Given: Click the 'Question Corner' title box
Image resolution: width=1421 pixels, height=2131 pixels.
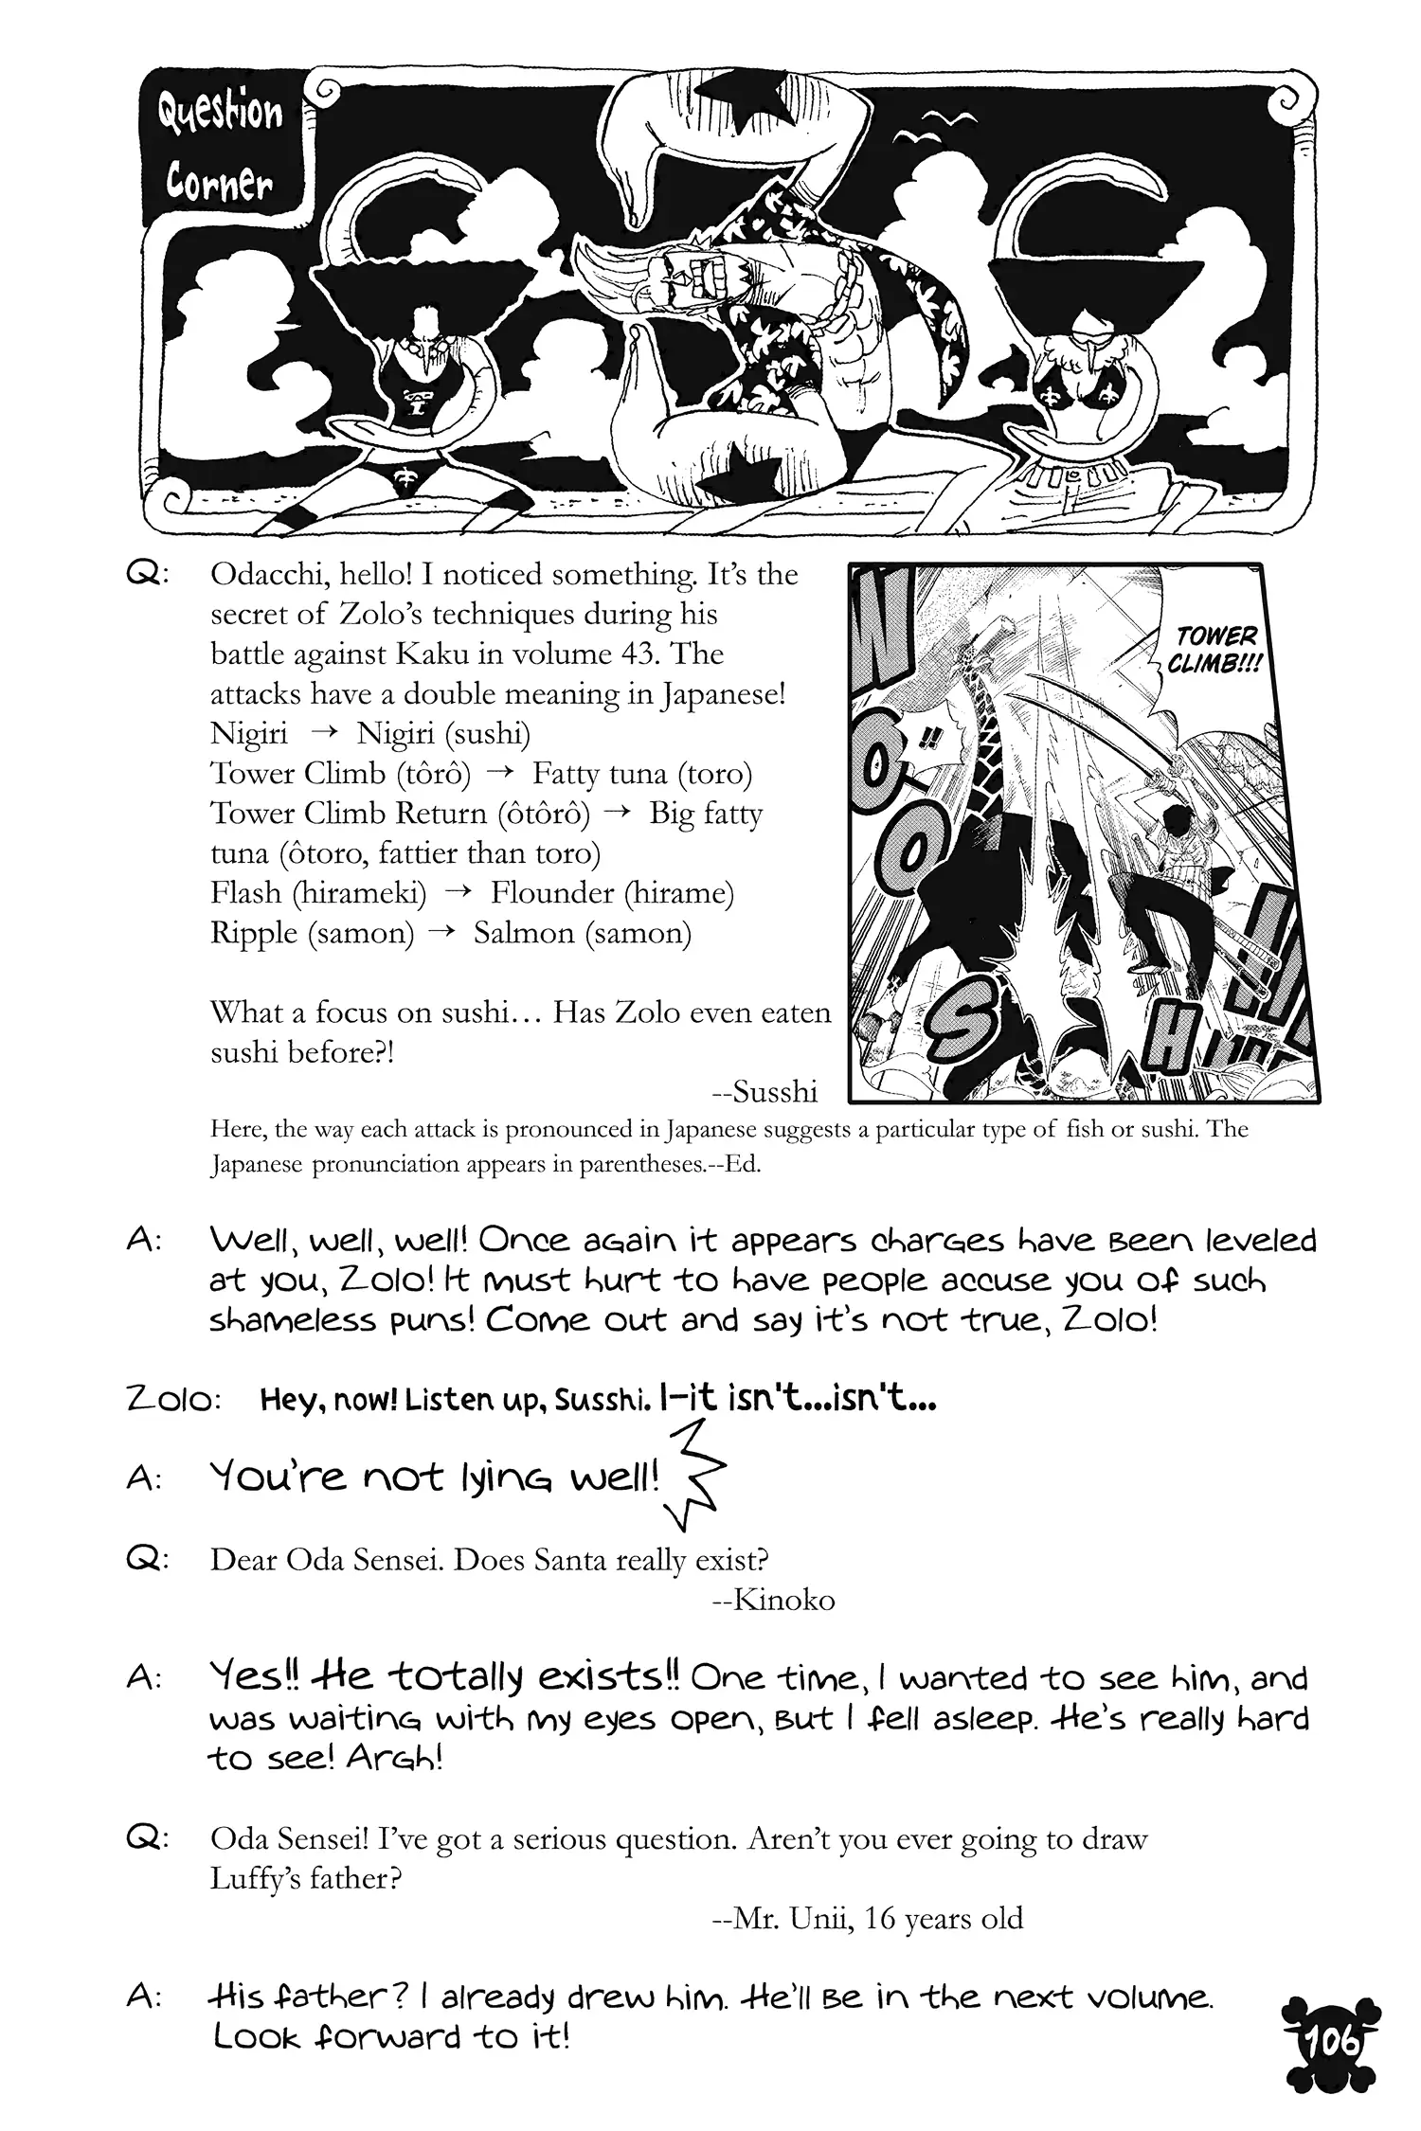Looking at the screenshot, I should click(x=219, y=147).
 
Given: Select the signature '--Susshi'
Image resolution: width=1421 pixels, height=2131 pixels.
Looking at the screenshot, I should click(x=764, y=1092).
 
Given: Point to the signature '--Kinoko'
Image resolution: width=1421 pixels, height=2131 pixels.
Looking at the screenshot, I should click(x=772, y=1600).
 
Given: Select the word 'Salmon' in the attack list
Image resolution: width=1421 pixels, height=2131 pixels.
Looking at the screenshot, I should click(x=524, y=933).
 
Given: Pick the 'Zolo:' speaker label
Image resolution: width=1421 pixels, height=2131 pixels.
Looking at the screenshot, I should click(x=173, y=1400).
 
